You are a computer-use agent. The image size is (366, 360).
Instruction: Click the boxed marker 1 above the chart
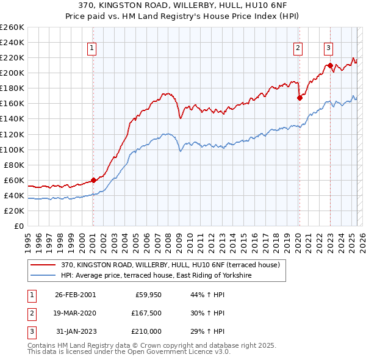[91, 48]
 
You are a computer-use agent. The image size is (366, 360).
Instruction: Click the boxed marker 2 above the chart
[298, 48]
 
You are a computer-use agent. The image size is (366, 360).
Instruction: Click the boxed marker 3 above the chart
[328, 48]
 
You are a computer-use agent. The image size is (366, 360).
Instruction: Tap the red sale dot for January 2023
[330, 65]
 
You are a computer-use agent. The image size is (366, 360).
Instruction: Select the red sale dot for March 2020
[300, 98]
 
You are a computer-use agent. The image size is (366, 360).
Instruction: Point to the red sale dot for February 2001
[93, 180]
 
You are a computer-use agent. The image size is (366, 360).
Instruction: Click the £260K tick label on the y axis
[12, 27]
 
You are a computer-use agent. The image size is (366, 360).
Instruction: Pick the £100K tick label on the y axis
[12, 149]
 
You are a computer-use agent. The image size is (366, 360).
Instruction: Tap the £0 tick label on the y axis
[18, 226]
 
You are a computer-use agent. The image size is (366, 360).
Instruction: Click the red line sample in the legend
[43, 265]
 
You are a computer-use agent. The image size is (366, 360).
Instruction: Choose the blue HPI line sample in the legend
[43, 276]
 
